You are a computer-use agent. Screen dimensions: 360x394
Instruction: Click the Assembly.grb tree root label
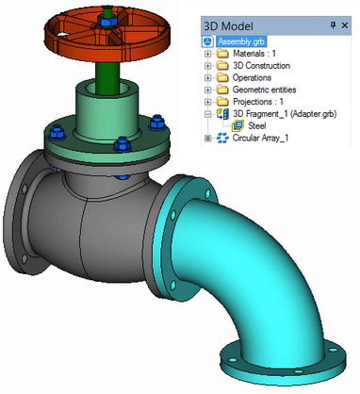pos(241,41)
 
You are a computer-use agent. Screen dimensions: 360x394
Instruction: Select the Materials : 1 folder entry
pos(254,54)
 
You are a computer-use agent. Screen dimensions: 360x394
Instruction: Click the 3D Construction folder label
pos(261,66)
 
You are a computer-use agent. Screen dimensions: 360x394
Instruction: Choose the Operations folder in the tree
pos(252,77)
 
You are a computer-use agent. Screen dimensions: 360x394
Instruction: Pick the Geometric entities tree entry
pos(264,90)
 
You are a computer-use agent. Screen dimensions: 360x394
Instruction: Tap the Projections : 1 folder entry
pos(258,102)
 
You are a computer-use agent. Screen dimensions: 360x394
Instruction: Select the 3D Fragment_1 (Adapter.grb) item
pos(285,114)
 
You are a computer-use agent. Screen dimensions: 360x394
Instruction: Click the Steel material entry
pos(257,126)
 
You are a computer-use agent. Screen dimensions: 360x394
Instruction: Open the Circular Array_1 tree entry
pos(260,138)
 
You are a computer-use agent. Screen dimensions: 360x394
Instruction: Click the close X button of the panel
pos(345,25)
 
